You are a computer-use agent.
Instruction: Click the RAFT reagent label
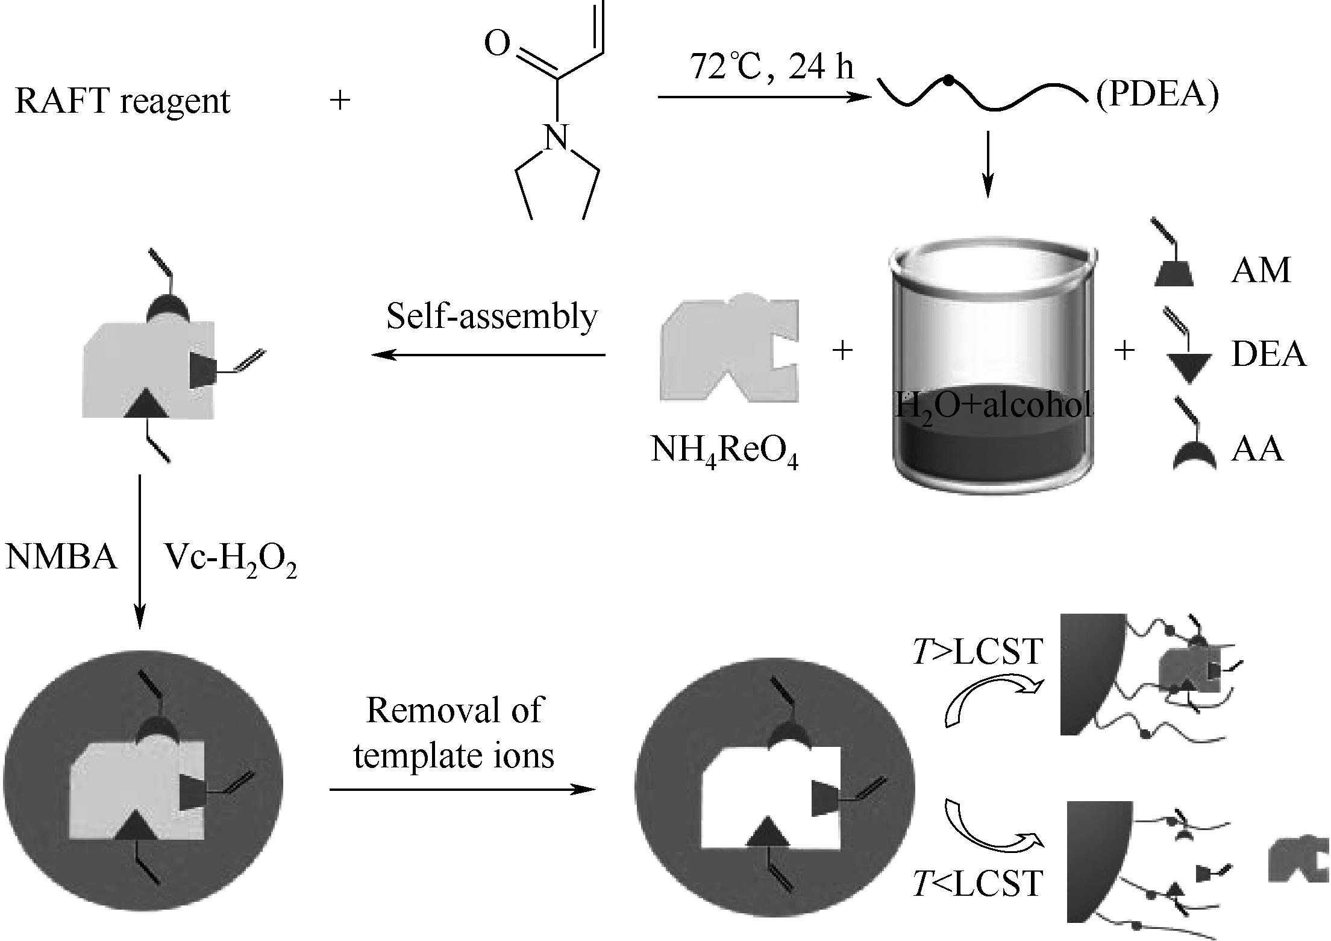tap(122, 101)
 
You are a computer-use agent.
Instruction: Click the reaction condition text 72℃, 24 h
tap(772, 66)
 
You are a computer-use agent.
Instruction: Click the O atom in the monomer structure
tap(498, 43)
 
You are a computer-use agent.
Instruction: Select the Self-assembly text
tap(492, 316)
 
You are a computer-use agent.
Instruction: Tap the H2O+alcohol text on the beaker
tap(993, 405)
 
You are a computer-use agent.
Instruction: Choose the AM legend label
tap(1261, 270)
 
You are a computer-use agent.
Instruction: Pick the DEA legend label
tap(1268, 354)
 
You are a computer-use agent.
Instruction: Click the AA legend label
tap(1257, 449)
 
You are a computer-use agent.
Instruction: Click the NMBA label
tap(61, 556)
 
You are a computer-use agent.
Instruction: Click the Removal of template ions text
tap(454, 732)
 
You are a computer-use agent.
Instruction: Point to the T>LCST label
tap(977, 652)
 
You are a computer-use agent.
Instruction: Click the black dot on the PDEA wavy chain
tap(948, 79)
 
